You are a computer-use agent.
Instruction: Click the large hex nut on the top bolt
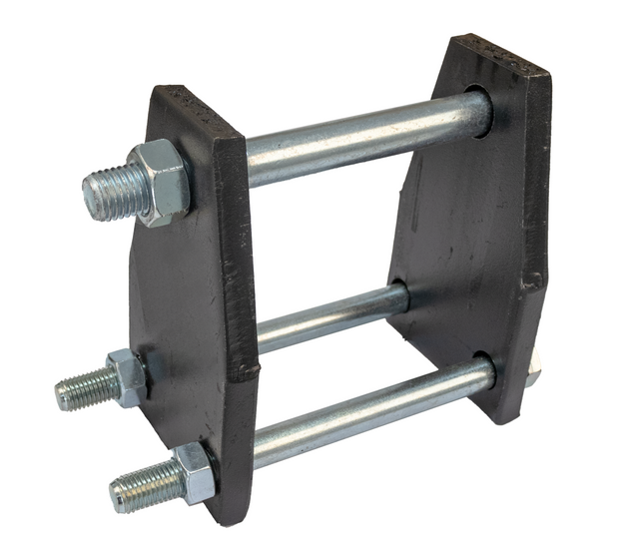click(x=159, y=182)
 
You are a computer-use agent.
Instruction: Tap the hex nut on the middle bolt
click(x=127, y=376)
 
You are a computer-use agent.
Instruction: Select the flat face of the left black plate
click(x=180, y=299)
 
